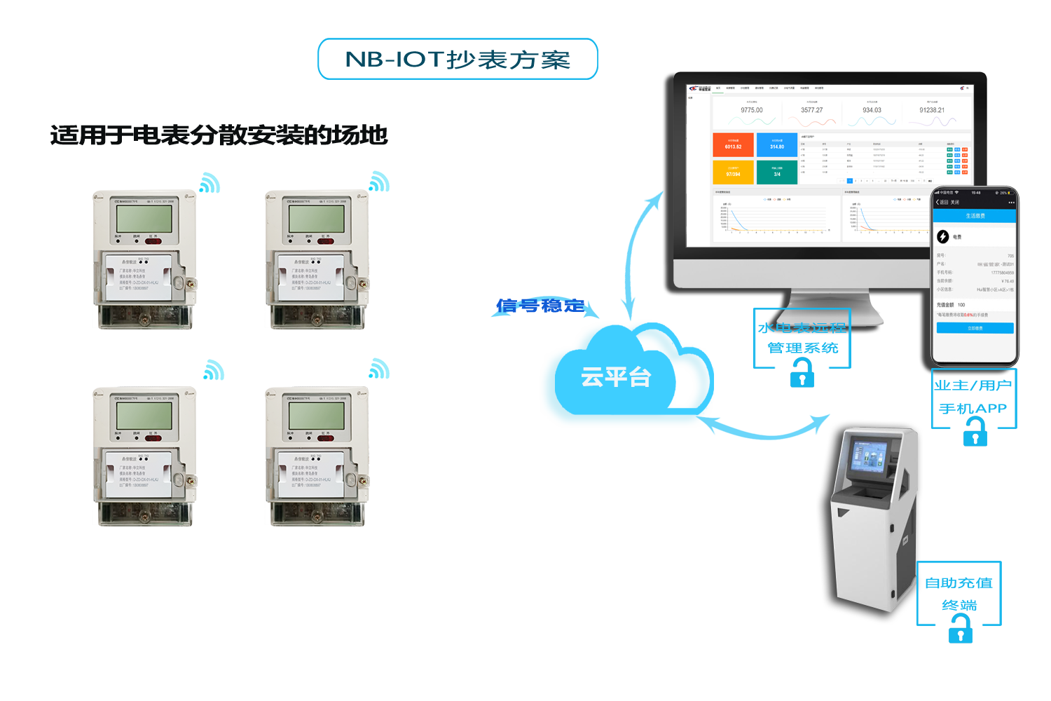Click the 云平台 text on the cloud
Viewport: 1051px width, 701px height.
(616, 377)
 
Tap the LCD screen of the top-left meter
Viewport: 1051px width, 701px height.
(144, 219)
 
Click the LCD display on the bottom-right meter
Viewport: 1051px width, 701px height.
(317, 416)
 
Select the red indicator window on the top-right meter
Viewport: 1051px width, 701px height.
(326, 241)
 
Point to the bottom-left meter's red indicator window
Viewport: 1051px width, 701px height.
(153, 438)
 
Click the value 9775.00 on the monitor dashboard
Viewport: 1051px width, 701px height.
(752, 110)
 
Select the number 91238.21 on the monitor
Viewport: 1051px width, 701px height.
(932, 110)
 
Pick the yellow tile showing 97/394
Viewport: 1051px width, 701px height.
(733, 172)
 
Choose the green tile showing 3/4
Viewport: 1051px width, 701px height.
(777, 172)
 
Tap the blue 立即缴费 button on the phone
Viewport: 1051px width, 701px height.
(975, 328)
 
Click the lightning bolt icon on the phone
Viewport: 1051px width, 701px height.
(943, 237)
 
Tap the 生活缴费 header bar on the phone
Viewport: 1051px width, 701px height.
(975, 216)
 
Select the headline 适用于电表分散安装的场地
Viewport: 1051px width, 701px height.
(219, 135)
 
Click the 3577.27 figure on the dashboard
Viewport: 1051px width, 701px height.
(812, 110)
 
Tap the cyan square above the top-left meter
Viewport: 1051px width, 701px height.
(209, 182)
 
